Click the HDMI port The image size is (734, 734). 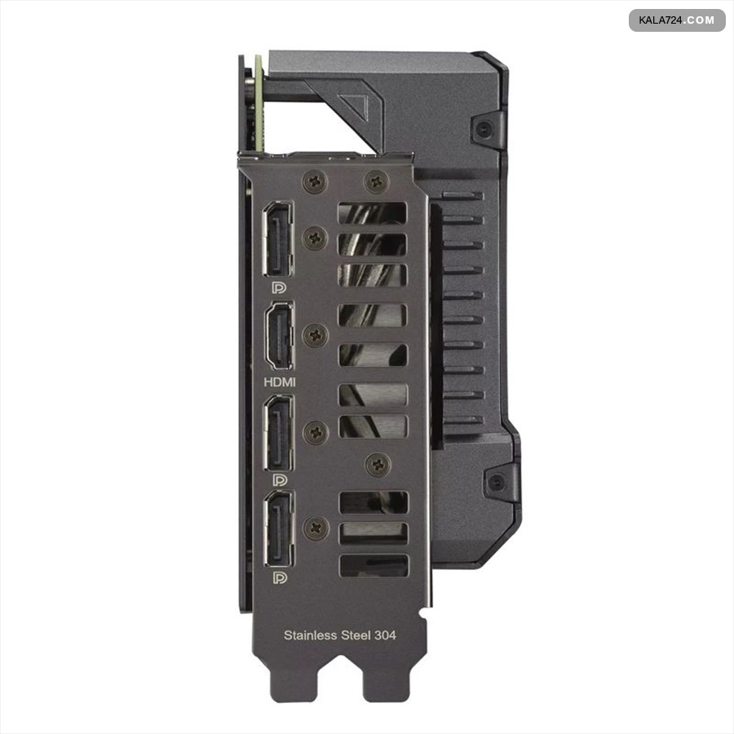pos(280,336)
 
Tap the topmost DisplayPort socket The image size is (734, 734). pos(279,239)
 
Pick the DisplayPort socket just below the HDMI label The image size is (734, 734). pos(280,434)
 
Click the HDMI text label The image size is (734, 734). pos(280,382)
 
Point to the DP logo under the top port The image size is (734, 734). pos(279,287)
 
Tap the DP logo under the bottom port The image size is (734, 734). pos(280,577)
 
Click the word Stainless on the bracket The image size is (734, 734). pos(311,635)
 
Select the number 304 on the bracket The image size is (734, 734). pos(384,635)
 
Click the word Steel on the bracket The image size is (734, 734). pos(355,635)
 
